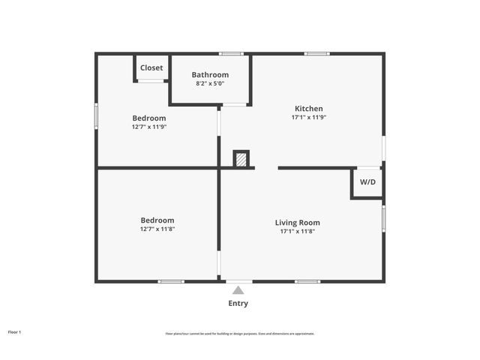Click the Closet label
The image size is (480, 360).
(151, 67)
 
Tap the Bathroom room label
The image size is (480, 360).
(210, 74)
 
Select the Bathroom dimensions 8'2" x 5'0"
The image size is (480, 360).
(210, 83)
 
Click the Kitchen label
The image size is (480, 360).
(309, 108)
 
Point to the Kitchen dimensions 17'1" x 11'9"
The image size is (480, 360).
(309, 117)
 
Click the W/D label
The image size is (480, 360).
(368, 182)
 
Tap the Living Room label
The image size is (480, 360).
(298, 222)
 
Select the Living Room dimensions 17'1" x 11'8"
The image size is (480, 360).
(298, 231)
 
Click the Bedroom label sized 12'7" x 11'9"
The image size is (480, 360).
(149, 118)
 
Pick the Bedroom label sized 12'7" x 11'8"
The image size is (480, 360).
(157, 220)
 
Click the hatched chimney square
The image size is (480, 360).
(241, 159)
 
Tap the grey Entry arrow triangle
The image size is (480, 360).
(238, 290)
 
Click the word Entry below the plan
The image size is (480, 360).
(238, 303)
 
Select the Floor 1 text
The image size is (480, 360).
(15, 331)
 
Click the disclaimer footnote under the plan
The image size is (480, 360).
(240, 334)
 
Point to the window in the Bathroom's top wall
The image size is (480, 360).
(232, 53)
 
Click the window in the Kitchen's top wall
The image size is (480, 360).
(317, 53)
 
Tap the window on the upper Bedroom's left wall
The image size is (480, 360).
(96, 116)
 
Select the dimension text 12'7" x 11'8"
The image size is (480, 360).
(157, 229)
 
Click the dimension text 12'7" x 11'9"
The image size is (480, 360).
(149, 127)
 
